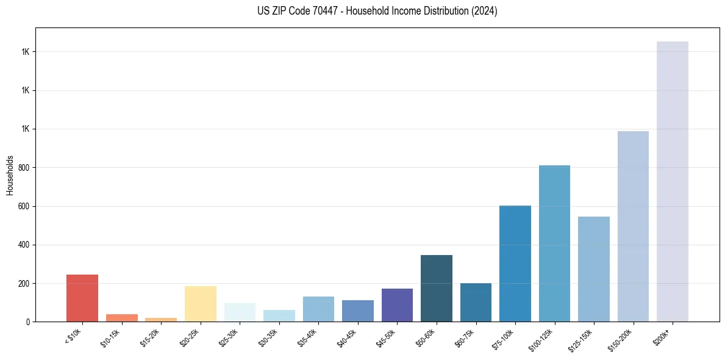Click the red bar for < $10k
82,298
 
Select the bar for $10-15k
121,318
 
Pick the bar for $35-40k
318,309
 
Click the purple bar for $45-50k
397,305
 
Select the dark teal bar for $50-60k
437,288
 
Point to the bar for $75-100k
515,264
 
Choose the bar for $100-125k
554,243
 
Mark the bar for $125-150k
594,269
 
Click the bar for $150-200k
633,226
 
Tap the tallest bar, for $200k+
673,181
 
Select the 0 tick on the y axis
29,322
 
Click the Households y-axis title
10,175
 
